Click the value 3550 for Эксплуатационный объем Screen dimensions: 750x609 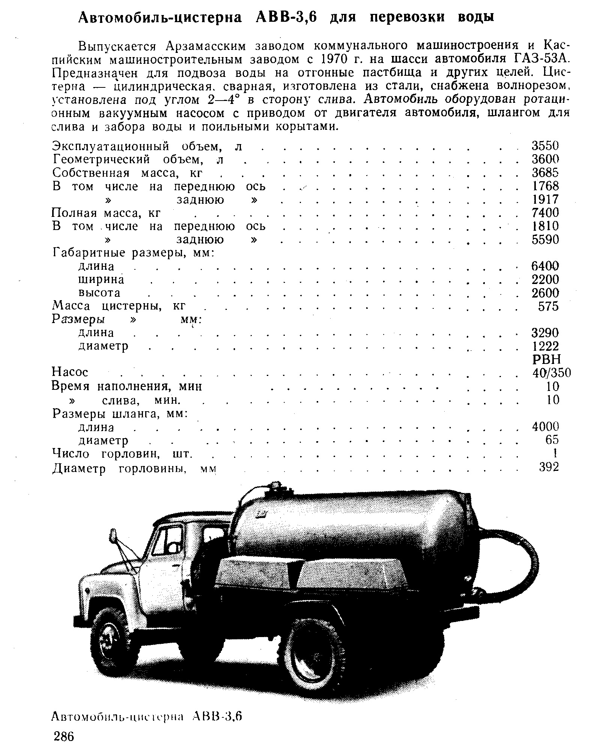pos(545,146)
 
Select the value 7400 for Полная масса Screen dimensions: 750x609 pos(545,213)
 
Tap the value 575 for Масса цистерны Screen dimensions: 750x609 pos(548,306)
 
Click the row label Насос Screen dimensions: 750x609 pos(70,372)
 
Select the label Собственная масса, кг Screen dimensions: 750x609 pos(128,173)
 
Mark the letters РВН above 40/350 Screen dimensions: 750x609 pos(546,359)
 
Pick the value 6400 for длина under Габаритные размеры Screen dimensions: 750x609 pos(545,266)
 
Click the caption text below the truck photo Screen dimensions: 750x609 pos(147,716)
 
